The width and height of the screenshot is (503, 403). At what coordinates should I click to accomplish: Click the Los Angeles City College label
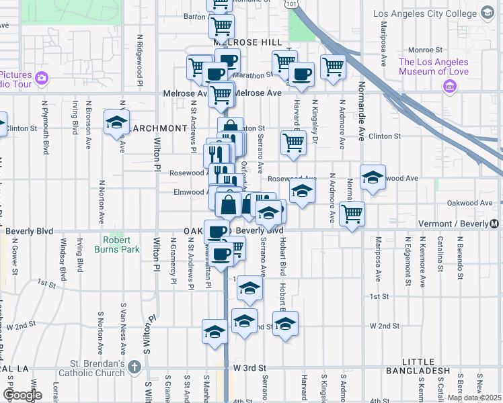tap(427, 13)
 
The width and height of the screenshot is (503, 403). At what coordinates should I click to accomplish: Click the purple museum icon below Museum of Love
tap(450, 87)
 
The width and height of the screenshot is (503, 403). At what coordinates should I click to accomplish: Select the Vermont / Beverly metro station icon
tap(496, 224)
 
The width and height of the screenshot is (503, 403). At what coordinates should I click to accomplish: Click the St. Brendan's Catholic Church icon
tap(135, 367)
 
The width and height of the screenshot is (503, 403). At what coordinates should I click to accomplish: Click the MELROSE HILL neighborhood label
tap(248, 42)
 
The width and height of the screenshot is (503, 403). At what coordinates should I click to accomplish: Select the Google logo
tap(22, 395)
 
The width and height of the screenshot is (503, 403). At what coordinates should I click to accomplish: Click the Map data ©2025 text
tap(473, 398)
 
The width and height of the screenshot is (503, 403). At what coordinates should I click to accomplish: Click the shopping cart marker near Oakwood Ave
tap(352, 214)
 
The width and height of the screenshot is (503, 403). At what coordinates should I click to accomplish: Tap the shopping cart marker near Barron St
tap(221, 26)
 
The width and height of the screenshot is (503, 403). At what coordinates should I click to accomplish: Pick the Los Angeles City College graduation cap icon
tap(487, 13)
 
